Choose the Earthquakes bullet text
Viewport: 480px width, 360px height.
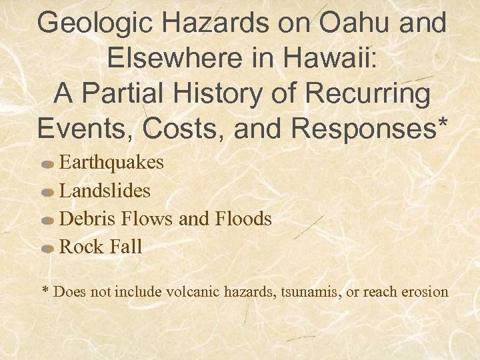(x=111, y=163)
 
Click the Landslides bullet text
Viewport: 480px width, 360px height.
(x=105, y=191)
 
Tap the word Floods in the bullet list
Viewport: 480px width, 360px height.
(x=243, y=219)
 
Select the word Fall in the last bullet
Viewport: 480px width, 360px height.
(x=125, y=247)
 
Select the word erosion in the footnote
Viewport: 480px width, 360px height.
(x=425, y=292)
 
